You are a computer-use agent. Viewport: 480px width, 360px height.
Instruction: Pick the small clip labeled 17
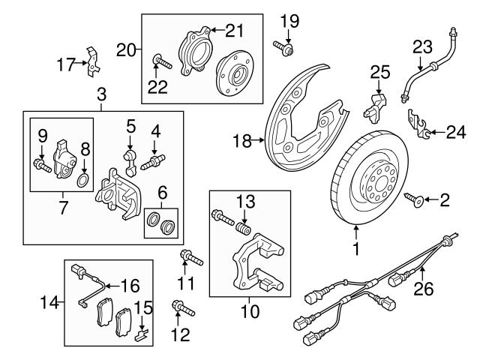coord(91,63)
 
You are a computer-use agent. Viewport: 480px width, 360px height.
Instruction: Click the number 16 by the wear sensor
coord(131,285)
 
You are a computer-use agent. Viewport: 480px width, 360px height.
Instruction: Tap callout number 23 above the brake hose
coord(421,46)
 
